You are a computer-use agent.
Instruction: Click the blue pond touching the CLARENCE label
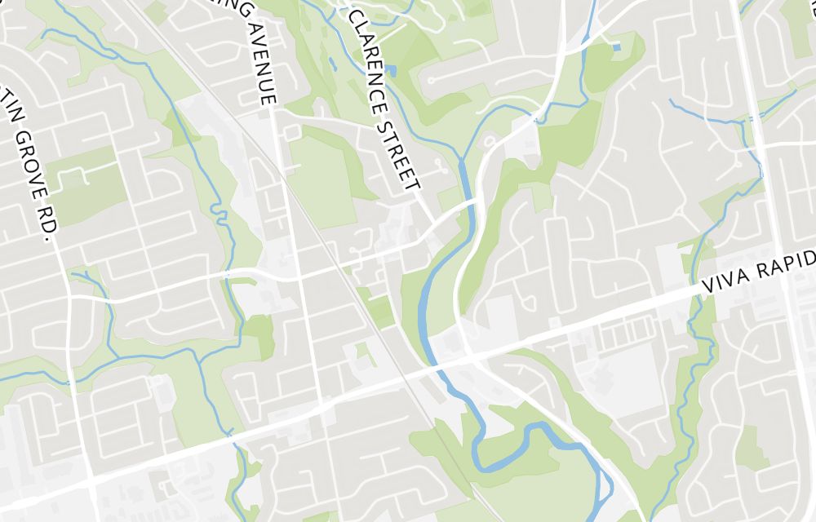(x=391, y=71)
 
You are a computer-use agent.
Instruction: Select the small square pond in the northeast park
(x=615, y=47)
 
